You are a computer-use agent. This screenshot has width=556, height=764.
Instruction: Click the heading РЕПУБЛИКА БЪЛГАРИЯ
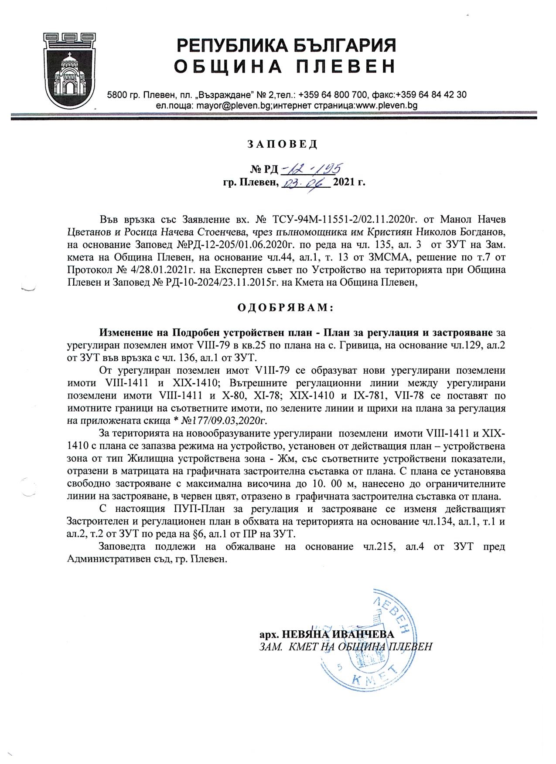[286, 45]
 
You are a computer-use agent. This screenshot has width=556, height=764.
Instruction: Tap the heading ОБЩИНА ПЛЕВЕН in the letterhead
[285, 67]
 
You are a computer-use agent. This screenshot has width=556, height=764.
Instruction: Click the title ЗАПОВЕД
[283, 144]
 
